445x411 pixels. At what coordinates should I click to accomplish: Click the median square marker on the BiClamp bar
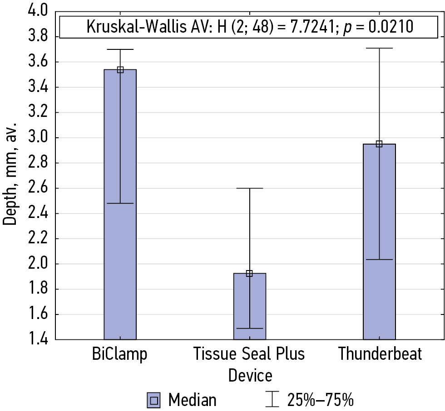tap(120, 70)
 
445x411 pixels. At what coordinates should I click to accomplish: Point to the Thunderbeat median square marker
tap(379, 144)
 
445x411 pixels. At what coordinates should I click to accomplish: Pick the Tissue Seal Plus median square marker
tap(249, 273)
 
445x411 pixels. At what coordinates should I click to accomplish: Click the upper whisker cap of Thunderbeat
tap(379, 48)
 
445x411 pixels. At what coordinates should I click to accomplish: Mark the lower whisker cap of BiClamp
tap(120, 203)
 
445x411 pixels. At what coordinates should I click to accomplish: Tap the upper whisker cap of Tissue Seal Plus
tap(249, 188)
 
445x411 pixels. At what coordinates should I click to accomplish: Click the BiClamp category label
tap(120, 354)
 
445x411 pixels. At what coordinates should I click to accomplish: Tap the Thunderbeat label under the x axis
tap(380, 354)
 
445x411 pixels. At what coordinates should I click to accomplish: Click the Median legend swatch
tap(154, 400)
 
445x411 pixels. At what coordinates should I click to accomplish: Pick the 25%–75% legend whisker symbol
tap(272, 400)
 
